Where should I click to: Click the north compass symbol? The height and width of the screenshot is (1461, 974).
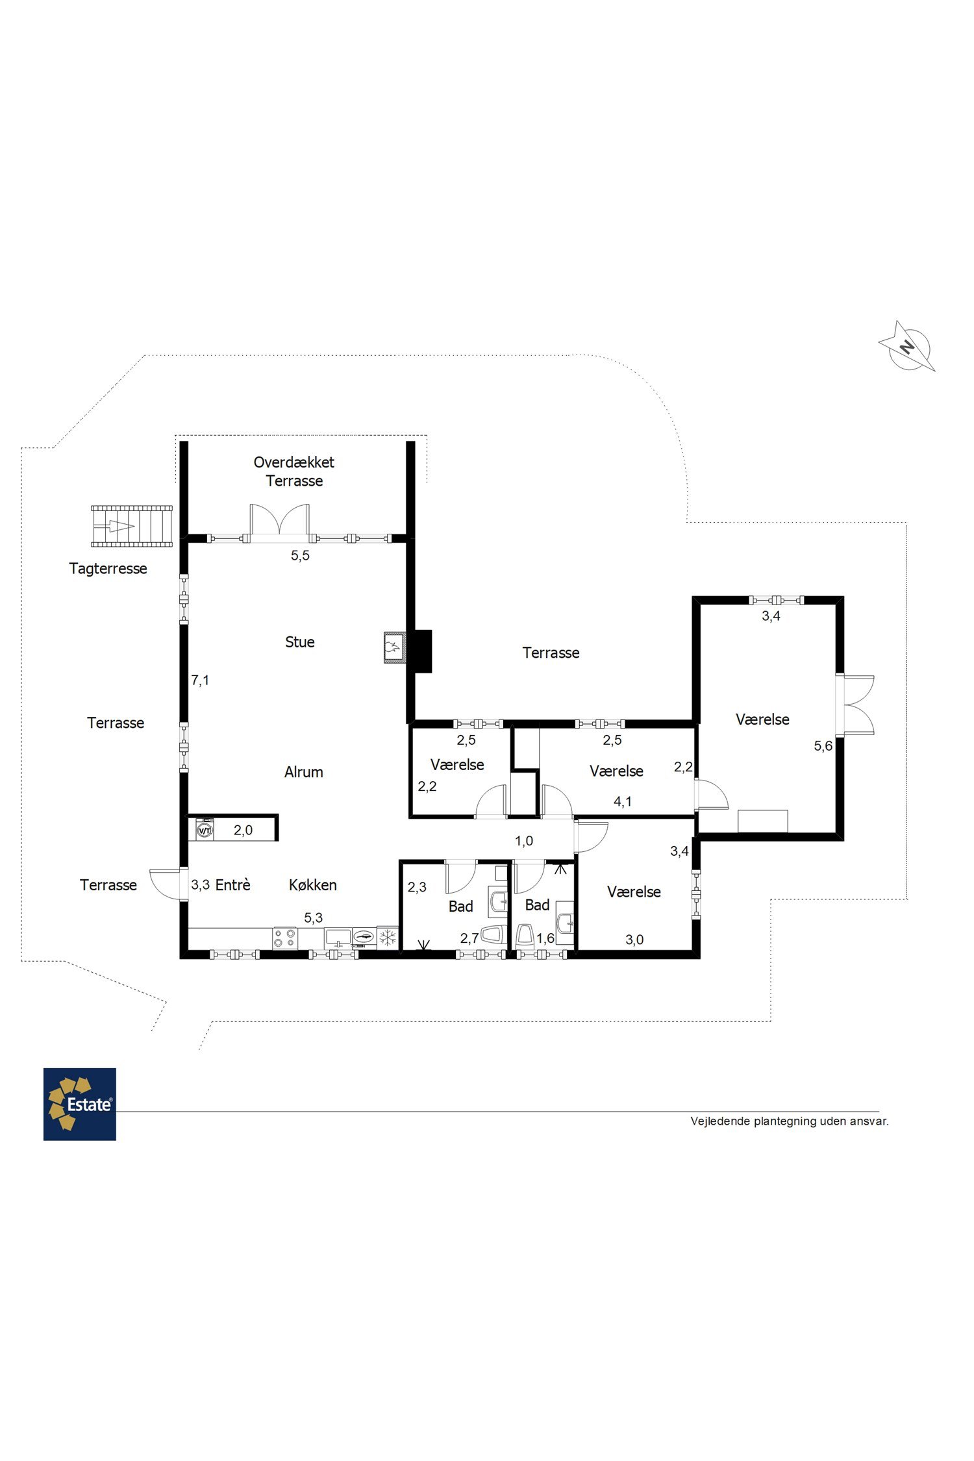[907, 346]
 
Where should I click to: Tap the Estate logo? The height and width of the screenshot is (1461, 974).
[80, 1104]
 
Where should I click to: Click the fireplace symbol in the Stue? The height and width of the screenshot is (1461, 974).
[394, 647]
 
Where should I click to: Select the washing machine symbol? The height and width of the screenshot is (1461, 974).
[205, 830]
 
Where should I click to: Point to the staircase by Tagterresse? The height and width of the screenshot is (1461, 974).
[132, 526]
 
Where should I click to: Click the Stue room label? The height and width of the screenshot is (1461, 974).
[300, 642]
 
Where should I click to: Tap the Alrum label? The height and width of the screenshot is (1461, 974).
[304, 772]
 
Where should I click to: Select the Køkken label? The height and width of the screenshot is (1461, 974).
[313, 884]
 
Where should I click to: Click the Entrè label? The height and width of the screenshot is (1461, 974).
[232, 884]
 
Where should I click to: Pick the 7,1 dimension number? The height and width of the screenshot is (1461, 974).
[200, 681]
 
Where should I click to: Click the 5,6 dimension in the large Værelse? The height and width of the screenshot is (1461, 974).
[823, 746]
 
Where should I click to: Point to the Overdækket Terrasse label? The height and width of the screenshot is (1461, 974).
[294, 471]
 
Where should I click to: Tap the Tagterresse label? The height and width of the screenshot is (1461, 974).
[108, 569]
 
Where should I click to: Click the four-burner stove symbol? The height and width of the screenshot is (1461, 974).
[284, 938]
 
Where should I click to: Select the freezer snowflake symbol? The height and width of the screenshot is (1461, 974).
[388, 938]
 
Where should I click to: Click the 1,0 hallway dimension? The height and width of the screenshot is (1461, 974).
[524, 841]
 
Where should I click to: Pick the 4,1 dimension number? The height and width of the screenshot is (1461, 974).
[623, 802]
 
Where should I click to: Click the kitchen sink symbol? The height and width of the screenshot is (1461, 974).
[338, 938]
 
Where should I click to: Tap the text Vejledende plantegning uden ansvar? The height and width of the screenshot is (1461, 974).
[790, 1121]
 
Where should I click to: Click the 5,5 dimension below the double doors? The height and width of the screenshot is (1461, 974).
[300, 555]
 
